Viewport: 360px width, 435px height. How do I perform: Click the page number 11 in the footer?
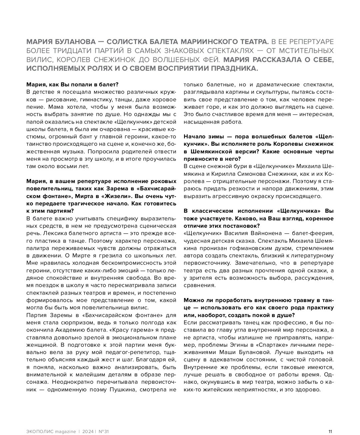coord(330,431)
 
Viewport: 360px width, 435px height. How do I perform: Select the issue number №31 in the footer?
coord(104,431)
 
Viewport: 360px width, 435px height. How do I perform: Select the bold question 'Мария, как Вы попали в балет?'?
coord(72,85)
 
